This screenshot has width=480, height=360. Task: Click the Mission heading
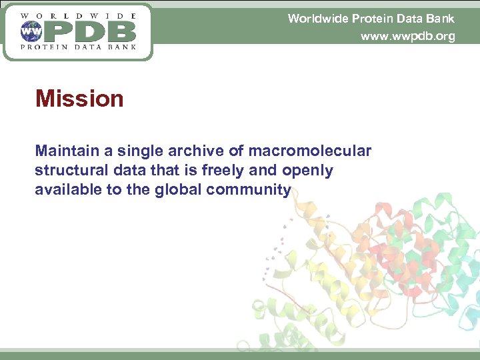tap(79, 99)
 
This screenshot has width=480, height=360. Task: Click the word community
tap(249, 190)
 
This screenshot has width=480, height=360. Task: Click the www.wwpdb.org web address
tap(407, 36)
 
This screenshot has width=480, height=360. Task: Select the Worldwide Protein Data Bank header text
tap(371, 18)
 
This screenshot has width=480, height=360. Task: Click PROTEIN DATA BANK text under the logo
tap(78, 47)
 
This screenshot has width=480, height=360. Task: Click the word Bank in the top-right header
tap(442, 18)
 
